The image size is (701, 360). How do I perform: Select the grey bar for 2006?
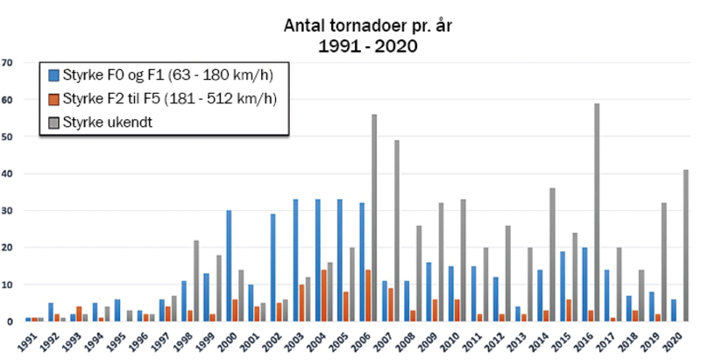click(x=374, y=218)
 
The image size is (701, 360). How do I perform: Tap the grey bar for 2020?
click(x=685, y=246)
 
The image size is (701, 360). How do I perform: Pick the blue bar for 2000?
click(x=229, y=266)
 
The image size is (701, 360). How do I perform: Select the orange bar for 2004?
click(x=324, y=296)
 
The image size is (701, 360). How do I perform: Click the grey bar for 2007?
click(x=396, y=231)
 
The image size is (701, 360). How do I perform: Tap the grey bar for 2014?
click(x=552, y=255)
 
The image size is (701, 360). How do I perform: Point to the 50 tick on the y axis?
click(x=8, y=137)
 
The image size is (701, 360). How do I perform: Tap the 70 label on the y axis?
click(x=8, y=63)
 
